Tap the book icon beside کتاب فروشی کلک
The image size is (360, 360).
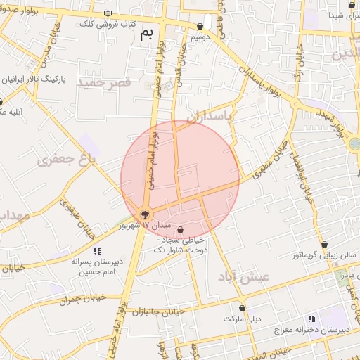[x=107, y=13]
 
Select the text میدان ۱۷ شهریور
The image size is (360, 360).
[x=146, y=226]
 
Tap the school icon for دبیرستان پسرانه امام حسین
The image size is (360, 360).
[x=97, y=250]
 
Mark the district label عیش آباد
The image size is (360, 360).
[x=255, y=276]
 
